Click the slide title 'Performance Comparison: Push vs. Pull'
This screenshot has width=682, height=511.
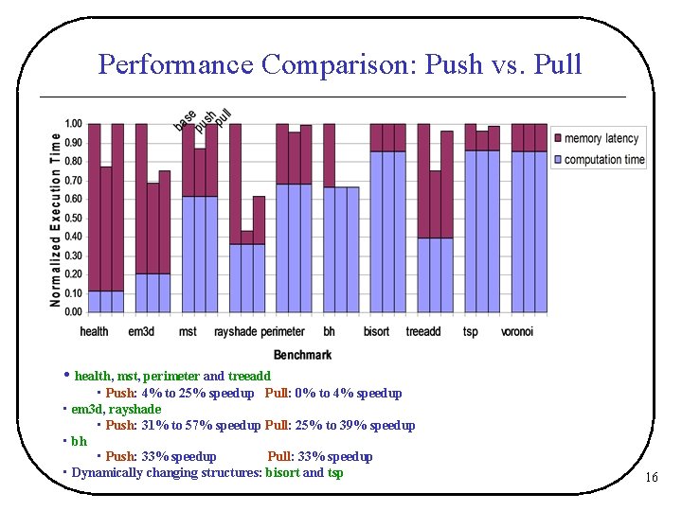tap(340, 64)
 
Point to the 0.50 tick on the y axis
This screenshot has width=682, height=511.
tap(73, 218)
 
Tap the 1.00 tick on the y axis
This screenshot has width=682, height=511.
tap(73, 124)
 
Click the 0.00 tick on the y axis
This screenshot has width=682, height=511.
tap(73, 311)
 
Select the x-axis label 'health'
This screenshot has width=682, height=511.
tap(95, 332)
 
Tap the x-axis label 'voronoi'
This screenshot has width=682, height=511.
tap(517, 332)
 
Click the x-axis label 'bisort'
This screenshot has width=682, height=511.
tap(376, 332)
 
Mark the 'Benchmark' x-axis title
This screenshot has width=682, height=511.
tap(303, 355)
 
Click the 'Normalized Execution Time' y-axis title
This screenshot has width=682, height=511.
tap(56, 219)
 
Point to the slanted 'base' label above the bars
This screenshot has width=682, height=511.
tap(185, 120)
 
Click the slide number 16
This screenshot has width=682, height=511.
tap(651, 478)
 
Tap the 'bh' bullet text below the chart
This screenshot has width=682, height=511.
tap(79, 441)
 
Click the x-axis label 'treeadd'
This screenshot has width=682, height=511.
tap(422, 332)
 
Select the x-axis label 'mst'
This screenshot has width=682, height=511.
tap(188, 332)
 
